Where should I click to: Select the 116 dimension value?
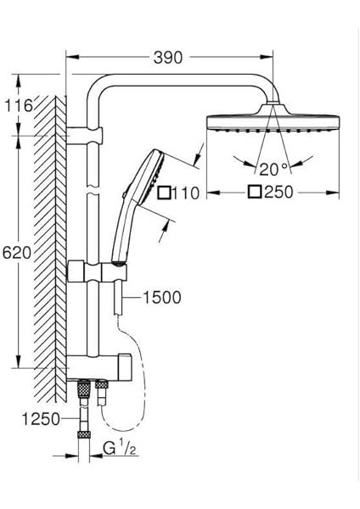[x=18, y=106]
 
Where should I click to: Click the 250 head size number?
[x=278, y=193]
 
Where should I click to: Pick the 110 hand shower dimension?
[x=184, y=193]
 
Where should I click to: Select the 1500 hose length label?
[x=162, y=298]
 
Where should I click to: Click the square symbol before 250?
[x=254, y=193]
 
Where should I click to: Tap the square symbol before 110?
[x=164, y=193]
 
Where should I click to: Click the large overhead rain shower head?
[x=271, y=120]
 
